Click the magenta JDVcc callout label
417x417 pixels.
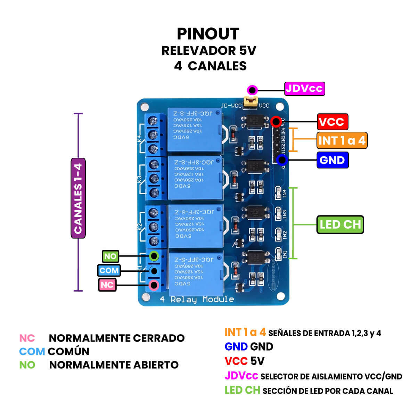[304, 89]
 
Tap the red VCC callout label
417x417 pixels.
[332, 122]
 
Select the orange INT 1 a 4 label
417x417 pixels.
[342, 140]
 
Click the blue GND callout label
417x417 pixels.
[332, 160]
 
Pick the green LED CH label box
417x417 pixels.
[340, 224]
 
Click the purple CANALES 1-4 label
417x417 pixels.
[78, 198]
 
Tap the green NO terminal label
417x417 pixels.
[111, 256]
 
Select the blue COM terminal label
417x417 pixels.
[109, 270]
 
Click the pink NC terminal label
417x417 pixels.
[107, 285]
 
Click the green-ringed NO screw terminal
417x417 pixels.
[154, 256]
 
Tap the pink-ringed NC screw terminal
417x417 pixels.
[153, 285]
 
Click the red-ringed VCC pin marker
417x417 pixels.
[276, 122]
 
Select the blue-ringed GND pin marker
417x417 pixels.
[282, 160]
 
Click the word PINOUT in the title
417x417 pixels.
[208, 34]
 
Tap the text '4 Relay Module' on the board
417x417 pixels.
[197, 299]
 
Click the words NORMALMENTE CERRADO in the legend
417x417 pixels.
[116, 338]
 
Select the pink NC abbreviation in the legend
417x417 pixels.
[27, 338]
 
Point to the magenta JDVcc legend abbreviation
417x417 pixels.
[241, 376]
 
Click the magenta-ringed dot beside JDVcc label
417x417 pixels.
[252, 90]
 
